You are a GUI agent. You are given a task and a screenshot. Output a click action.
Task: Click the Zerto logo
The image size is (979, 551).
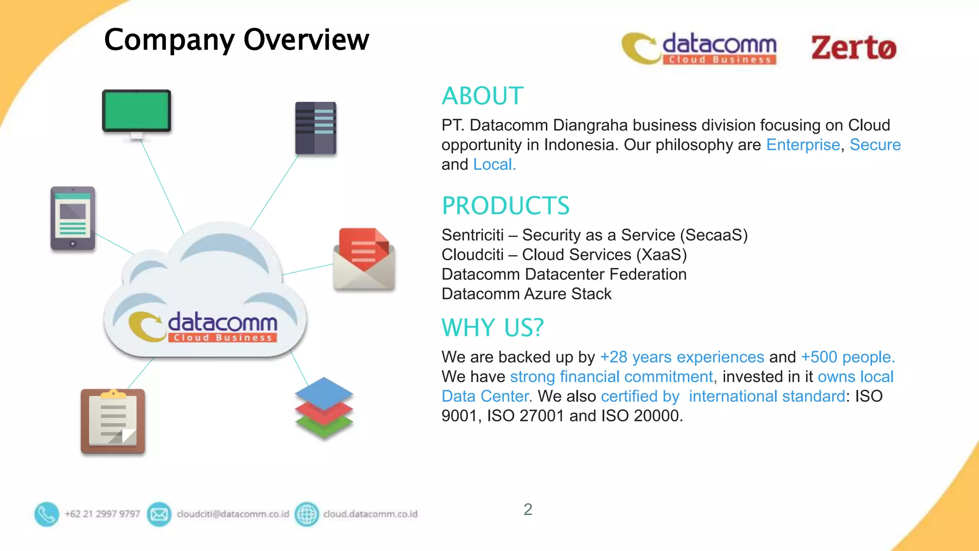point(854,48)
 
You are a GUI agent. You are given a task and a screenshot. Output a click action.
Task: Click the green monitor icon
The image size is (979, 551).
point(137,112)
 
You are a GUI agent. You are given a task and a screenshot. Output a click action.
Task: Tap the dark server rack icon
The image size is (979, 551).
point(315,128)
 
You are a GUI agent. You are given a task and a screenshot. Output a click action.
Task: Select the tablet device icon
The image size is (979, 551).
point(73,219)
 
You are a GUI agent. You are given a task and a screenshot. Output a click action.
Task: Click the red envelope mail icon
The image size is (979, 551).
point(364,259)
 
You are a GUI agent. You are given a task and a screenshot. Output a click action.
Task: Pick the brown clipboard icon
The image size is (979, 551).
point(113,421)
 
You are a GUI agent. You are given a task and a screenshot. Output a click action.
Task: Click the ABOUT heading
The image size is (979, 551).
point(482,96)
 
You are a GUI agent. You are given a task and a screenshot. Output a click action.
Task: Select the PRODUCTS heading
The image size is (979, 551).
point(505,206)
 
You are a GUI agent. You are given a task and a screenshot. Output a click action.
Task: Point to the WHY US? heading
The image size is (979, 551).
point(492,328)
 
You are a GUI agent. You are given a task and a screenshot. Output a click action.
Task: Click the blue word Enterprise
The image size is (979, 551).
point(803,145)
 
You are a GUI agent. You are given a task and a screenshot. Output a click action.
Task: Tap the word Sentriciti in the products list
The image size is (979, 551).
point(472,235)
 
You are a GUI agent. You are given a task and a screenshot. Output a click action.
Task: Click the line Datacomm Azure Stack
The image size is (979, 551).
point(526,294)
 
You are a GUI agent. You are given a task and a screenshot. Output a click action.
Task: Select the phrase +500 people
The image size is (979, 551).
point(848,357)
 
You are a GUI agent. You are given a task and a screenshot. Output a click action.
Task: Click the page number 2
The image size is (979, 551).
point(528,509)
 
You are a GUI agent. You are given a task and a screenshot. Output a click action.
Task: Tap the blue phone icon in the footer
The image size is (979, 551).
point(46,514)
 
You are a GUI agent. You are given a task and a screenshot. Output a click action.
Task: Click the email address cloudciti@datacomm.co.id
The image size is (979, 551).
point(233,514)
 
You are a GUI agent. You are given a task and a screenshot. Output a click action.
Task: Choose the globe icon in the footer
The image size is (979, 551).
point(307,514)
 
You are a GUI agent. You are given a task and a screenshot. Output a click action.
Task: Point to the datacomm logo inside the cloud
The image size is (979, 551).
point(204,327)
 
